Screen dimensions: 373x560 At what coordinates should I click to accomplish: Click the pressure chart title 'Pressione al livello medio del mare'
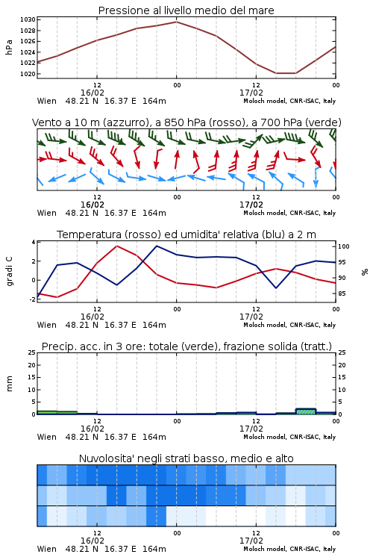point(186,10)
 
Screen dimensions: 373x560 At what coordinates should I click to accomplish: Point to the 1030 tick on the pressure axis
point(28,19)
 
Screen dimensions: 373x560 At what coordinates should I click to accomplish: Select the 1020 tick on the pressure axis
point(28,74)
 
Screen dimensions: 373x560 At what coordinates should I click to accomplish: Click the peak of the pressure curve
point(176,22)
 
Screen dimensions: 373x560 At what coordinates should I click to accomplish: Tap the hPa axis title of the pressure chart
point(9,47)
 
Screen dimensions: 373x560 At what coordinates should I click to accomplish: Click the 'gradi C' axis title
point(10,271)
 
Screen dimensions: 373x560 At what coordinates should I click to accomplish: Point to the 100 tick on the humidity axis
point(344,246)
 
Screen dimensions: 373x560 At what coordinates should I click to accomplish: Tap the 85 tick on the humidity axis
point(342,293)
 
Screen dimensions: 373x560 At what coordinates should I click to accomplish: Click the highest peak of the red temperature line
point(116,246)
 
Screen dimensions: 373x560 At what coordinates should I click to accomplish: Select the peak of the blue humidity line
point(157,246)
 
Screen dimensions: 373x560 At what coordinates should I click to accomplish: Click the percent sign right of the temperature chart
point(365,272)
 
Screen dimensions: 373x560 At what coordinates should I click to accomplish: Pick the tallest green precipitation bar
point(306,411)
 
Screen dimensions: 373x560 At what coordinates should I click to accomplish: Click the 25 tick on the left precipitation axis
point(32,352)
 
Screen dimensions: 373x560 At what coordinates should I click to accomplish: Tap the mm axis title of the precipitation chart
point(9,384)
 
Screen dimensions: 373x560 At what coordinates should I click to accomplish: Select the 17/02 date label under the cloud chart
point(251,541)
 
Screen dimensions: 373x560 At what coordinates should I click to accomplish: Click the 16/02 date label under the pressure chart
point(93,93)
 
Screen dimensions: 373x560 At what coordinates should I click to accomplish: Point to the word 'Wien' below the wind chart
point(47,213)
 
